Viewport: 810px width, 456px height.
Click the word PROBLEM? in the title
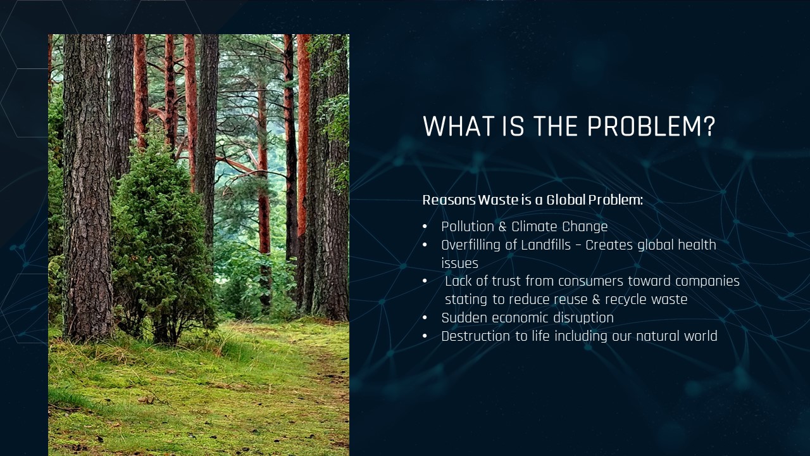651,126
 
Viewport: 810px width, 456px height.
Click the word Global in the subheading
566,199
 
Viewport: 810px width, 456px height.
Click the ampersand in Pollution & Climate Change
502,227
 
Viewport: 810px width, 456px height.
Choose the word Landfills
545,245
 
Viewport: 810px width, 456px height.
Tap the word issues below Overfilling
459,263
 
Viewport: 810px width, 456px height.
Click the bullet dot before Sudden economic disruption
425,318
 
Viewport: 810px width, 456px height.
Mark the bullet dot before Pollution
425,227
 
